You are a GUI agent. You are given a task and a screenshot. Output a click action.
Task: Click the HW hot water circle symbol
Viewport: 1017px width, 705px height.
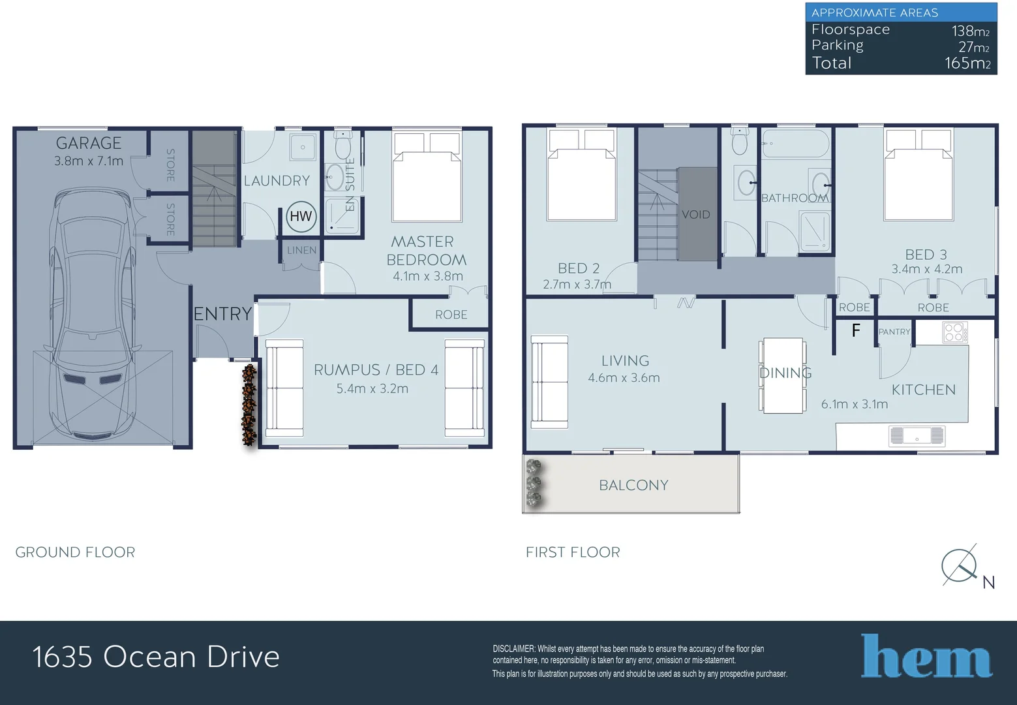pos(301,217)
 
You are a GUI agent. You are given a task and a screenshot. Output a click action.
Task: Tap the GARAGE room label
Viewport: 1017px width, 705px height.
pos(89,143)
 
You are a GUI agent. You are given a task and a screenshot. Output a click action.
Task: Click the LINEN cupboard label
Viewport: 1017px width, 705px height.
pos(301,250)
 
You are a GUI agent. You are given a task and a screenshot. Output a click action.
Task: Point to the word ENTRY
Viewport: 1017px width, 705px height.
pos(222,314)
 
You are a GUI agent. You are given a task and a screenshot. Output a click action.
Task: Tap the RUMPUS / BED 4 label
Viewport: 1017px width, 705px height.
pos(376,369)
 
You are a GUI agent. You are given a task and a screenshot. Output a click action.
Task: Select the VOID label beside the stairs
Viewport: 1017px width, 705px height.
pos(695,215)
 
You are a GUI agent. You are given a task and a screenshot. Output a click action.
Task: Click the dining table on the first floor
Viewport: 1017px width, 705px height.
pos(783,375)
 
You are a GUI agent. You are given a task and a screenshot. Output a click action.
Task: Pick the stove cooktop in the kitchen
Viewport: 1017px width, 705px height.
pos(954,332)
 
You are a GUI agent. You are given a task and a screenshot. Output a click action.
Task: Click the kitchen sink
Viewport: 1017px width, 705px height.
pos(917,435)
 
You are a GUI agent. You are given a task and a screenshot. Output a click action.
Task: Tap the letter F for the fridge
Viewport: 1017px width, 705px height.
pos(856,331)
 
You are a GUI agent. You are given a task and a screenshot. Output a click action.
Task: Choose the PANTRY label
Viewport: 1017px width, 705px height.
pos(894,332)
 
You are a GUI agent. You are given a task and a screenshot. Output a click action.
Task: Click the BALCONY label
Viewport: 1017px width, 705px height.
pos(633,485)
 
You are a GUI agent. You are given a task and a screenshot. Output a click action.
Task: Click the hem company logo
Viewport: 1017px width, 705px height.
pos(926,656)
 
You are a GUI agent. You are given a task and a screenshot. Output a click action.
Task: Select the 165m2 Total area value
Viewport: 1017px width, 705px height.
pos(967,63)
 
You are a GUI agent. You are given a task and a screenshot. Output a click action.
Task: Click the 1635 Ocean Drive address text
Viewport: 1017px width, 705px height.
pos(156,657)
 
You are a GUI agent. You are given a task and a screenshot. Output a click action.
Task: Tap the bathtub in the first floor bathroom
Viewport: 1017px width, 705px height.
pos(795,143)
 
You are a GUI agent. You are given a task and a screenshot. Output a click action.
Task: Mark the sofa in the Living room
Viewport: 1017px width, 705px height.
pos(549,382)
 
